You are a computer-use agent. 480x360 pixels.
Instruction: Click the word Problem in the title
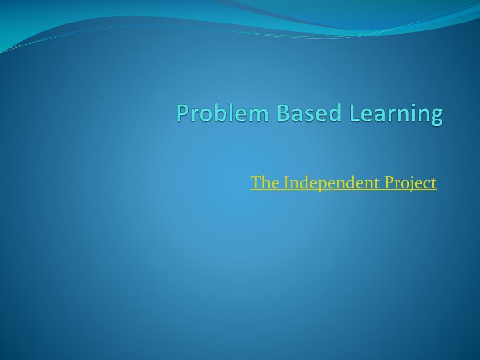[223, 112]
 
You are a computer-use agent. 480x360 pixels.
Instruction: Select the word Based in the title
[309, 112]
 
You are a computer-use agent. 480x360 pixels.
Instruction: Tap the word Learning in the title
[396, 114]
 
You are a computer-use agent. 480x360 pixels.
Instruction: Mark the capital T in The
[256, 182]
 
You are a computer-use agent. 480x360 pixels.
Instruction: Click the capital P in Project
[390, 182]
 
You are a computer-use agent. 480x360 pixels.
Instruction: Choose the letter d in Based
[335, 112]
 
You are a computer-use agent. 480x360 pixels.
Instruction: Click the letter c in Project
[427, 185]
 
